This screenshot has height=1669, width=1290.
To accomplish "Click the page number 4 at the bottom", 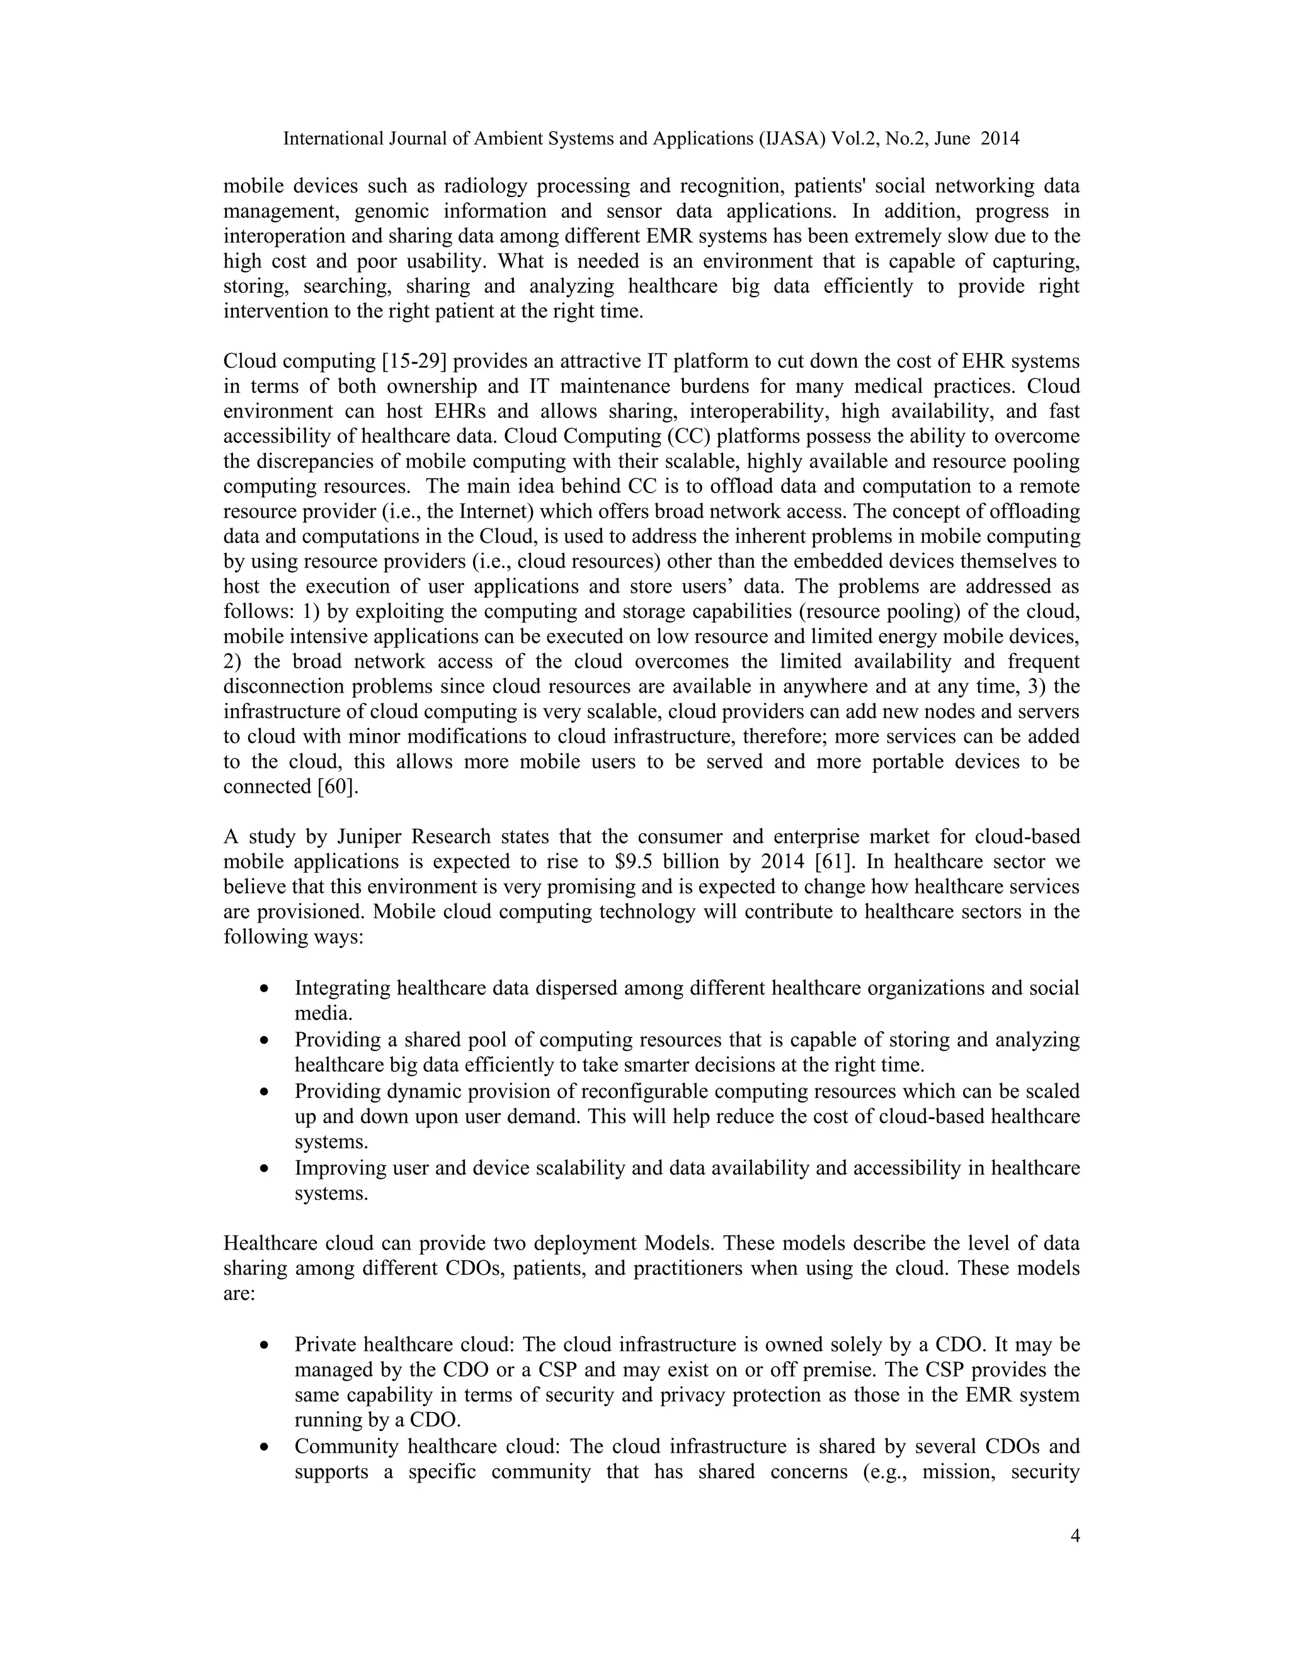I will [x=1075, y=1536].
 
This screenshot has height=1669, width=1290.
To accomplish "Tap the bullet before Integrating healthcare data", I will [x=264, y=989].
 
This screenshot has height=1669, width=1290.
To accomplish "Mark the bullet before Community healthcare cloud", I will [x=264, y=1447].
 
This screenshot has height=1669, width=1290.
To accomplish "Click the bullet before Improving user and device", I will [x=264, y=1168].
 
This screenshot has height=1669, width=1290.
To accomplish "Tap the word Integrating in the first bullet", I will [x=343, y=988].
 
